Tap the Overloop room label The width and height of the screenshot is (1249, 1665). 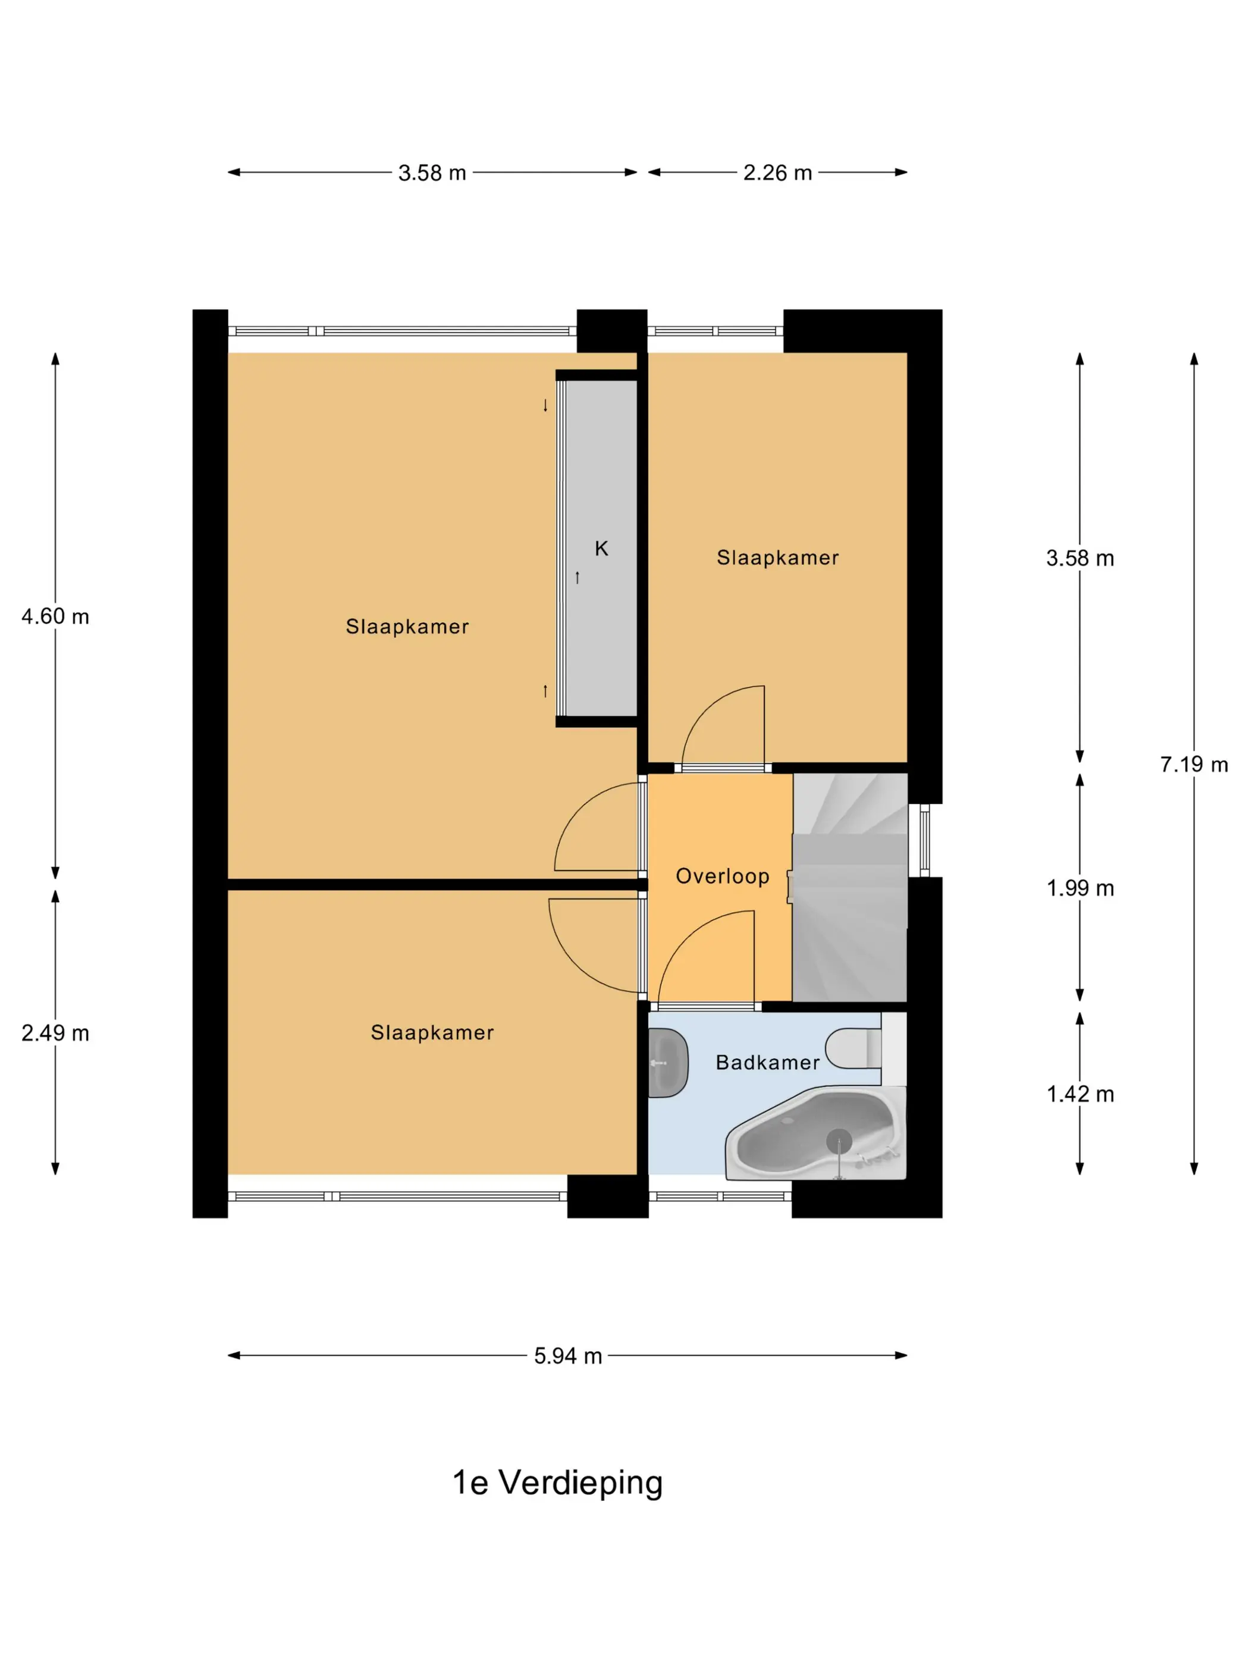point(722,876)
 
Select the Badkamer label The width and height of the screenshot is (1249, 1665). point(767,1062)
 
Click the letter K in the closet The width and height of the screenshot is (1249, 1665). point(601,548)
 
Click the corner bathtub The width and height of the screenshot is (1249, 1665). point(815,1133)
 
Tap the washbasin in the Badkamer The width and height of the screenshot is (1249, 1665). point(668,1063)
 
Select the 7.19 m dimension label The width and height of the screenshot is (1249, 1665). point(1193,765)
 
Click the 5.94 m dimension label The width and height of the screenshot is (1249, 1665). point(567,1356)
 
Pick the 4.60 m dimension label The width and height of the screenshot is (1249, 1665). point(55,617)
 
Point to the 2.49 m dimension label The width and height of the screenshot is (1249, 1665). point(55,1033)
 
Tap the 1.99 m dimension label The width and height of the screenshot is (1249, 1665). point(1079,888)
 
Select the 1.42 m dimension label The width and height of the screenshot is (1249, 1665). point(1079,1094)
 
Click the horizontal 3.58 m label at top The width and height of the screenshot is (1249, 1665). point(432,173)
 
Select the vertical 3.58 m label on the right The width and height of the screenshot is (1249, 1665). point(1079,558)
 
